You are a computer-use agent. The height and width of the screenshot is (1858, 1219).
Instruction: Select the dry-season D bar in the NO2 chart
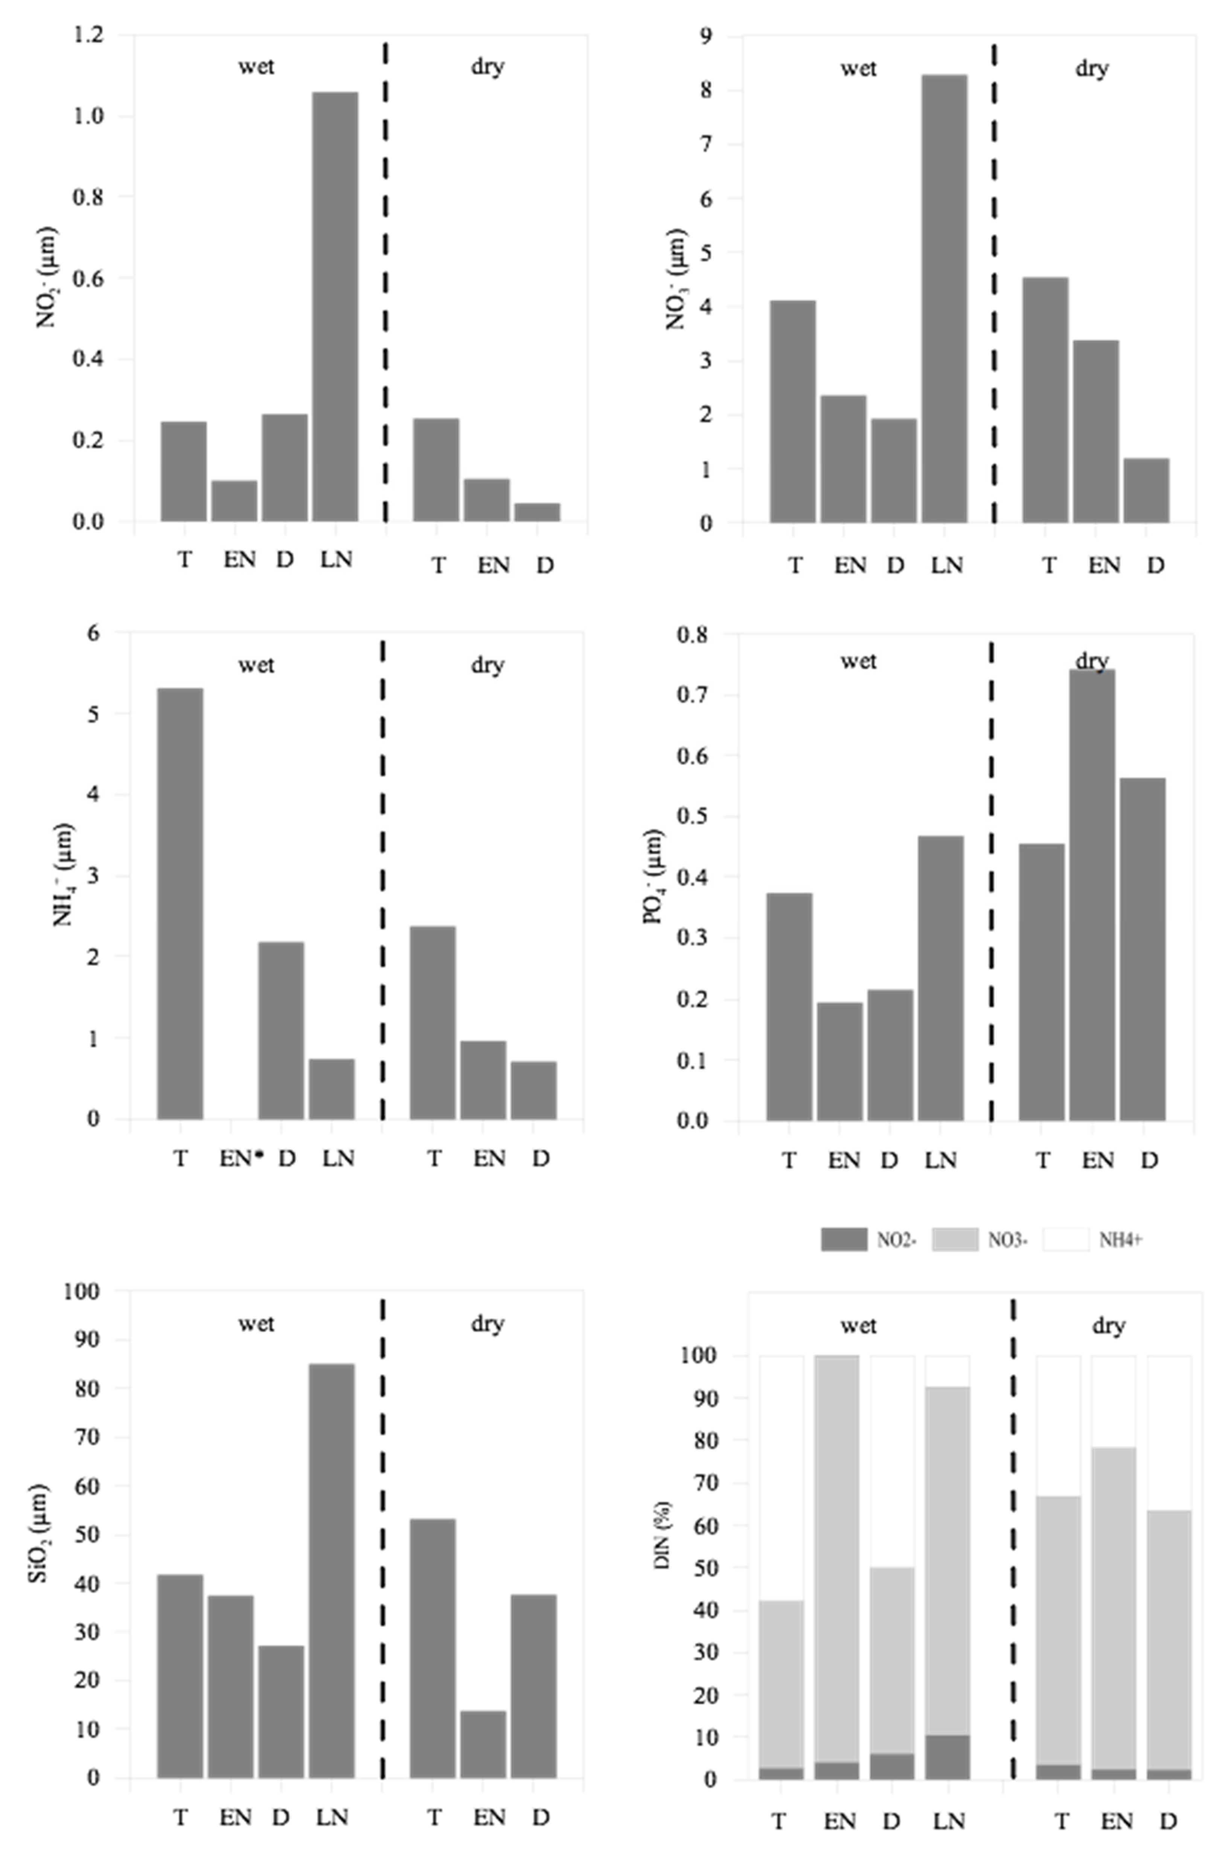point(536,512)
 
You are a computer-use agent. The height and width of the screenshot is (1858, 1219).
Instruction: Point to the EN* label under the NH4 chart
point(239,1158)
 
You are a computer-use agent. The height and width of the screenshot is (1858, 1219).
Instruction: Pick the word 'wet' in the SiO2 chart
point(256,1323)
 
